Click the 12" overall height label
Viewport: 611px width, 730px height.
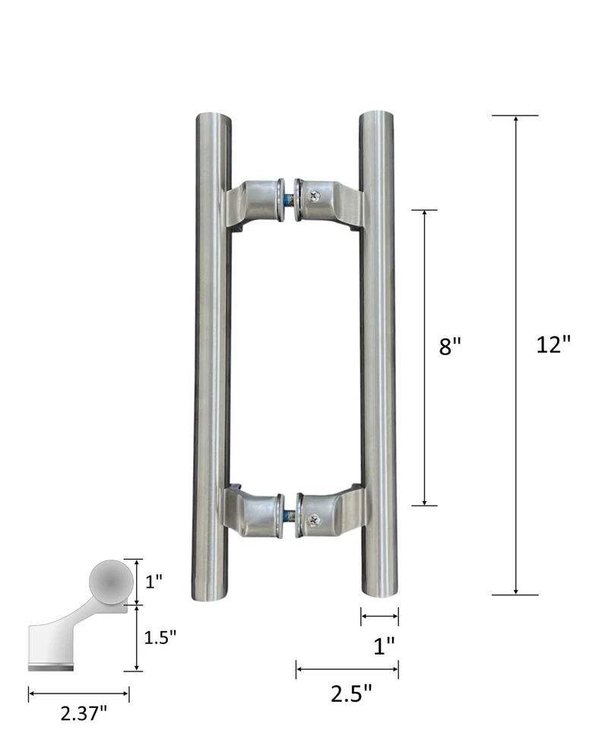(552, 344)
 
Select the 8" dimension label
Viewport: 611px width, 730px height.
(451, 347)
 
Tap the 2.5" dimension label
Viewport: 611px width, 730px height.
(351, 693)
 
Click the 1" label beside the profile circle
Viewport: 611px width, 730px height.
(154, 582)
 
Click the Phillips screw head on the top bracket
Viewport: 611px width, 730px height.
(314, 197)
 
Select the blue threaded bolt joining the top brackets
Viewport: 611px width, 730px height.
(290, 201)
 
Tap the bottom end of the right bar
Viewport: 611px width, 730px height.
(378, 593)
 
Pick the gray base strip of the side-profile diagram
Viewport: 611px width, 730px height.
(52, 667)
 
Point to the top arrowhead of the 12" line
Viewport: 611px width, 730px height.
(516, 119)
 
